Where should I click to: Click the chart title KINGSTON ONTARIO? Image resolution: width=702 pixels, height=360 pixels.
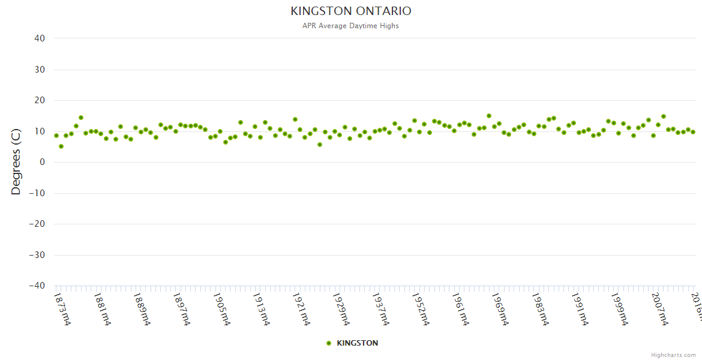coord(351,11)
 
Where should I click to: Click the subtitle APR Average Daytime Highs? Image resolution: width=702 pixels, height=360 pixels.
coord(351,26)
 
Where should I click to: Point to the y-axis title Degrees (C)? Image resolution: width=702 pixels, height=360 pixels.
coord(16,162)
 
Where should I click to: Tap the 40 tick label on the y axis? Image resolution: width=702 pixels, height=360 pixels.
coord(40,38)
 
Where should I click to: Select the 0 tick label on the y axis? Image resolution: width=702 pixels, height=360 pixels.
coord(43,162)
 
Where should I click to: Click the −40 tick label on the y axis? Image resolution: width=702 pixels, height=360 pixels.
coord(37,286)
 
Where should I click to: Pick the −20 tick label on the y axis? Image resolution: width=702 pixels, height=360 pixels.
coord(37,224)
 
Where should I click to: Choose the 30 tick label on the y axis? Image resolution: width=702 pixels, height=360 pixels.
coord(40,70)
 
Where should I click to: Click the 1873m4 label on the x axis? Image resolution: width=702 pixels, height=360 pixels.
coord(62,309)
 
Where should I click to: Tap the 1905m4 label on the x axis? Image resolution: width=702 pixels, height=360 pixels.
coord(221,309)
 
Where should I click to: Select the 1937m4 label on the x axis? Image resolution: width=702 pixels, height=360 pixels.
coord(381,309)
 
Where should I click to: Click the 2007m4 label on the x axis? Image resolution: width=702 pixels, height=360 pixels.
coord(659,309)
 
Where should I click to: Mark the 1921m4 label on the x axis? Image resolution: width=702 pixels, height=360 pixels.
coord(301,309)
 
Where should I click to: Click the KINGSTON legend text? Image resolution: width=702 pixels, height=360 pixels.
coord(358,343)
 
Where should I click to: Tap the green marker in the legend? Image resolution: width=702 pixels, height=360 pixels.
coord(329,343)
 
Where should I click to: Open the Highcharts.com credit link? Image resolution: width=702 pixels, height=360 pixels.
coord(673,355)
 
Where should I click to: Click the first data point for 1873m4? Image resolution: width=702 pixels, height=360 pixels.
coord(56,136)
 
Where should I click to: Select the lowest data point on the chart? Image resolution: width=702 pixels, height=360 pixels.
coord(61,146)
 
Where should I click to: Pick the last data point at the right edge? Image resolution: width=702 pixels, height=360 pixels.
coord(693,132)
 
